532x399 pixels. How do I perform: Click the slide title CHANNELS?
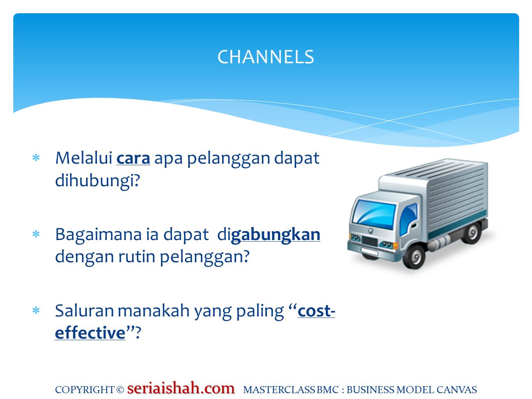[265, 57]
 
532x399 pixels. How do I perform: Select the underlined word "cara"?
[133, 158]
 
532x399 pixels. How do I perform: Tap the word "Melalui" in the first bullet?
[83, 158]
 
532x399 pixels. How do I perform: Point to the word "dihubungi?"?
[97, 180]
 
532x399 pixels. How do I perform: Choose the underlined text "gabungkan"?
[276, 235]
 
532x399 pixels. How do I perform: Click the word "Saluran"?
[84, 311]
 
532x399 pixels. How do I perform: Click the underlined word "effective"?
[90, 333]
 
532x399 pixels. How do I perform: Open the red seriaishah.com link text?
[181, 388]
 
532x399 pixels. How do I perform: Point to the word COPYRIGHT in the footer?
[85, 390]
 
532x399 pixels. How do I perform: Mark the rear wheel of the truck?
[472, 233]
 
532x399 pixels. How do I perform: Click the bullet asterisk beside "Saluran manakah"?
[36, 311]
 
